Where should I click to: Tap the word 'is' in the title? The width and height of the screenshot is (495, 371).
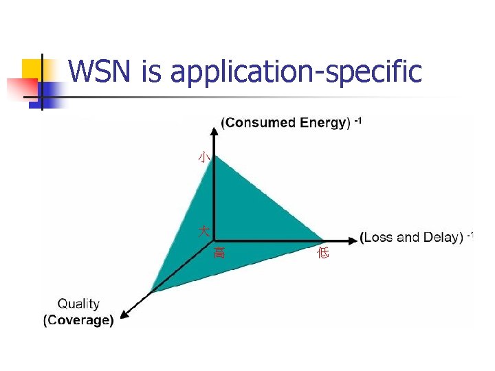pyautogui.click(x=151, y=71)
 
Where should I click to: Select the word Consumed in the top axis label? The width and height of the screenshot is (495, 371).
pyautogui.click(x=258, y=123)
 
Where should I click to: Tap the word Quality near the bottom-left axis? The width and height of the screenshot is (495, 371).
pyautogui.click(x=78, y=304)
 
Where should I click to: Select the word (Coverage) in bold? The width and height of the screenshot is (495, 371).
pyautogui.click(x=78, y=320)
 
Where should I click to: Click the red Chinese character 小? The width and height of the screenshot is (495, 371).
pyautogui.click(x=203, y=157)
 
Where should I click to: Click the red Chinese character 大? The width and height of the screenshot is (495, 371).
pyautogui.click(x=204, y=231)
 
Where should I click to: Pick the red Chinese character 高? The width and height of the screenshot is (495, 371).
pyautogui.click(x=219, y=253)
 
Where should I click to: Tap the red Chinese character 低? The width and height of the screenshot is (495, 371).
pyautogui.click(x=323, y=254)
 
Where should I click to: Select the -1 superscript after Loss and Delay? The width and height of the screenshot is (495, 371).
pyautogui.click(x=470, y=236)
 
